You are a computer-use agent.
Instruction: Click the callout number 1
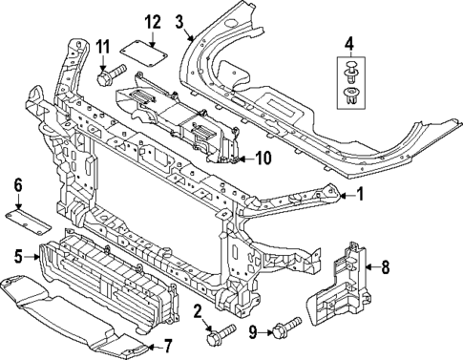click(x=360, y=196)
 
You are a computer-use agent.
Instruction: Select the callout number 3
click(x=179, y=21)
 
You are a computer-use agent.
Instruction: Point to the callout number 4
click(x=349, y=42)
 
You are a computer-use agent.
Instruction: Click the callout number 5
click(x=18, y=255)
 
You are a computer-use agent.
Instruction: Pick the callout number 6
click(x=16, y=185)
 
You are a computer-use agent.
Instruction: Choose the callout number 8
click(x=386, y=267)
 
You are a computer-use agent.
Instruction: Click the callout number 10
click(x=263, y=158)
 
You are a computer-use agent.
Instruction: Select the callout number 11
click(x=102, y=46)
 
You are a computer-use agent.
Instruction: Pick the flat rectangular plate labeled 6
click(x=33, y=218)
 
